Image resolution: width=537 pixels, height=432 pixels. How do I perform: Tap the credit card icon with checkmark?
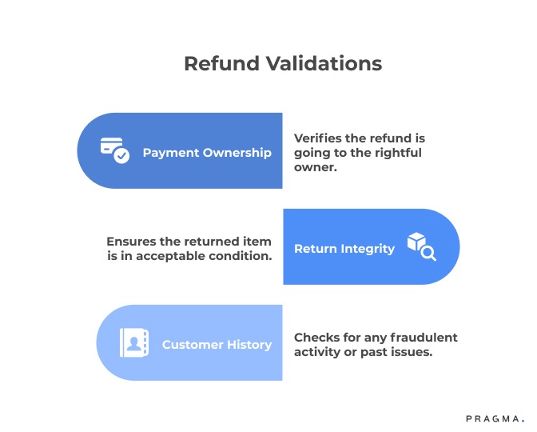[114, 150]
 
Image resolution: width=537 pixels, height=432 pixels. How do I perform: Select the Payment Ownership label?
[207, 152]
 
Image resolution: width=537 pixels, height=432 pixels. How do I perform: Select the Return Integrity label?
[344, 248]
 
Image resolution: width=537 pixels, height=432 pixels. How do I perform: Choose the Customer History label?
[217, 344]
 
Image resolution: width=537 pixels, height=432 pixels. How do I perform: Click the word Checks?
[315, 337]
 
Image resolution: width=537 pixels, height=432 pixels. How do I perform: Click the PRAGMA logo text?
[493, 418]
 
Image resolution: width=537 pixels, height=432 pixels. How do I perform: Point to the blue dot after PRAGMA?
[523, 420]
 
